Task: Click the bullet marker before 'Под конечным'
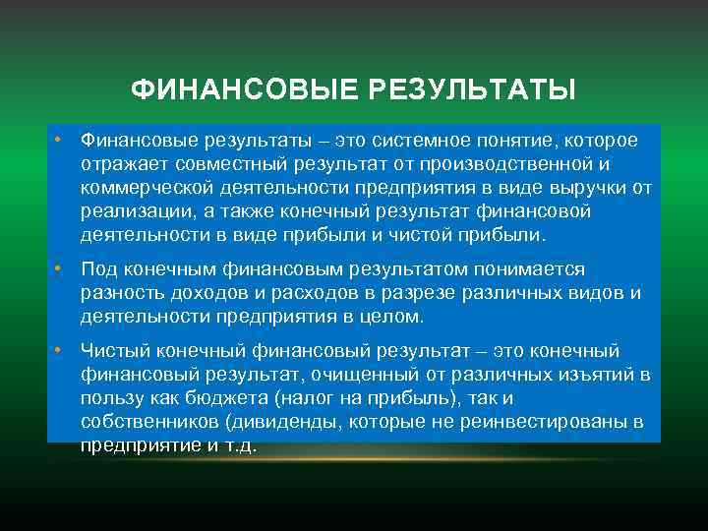click(x=60, y=269)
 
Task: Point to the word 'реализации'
click(x=131, y=212)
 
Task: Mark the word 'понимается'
click(x=539, y=270)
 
